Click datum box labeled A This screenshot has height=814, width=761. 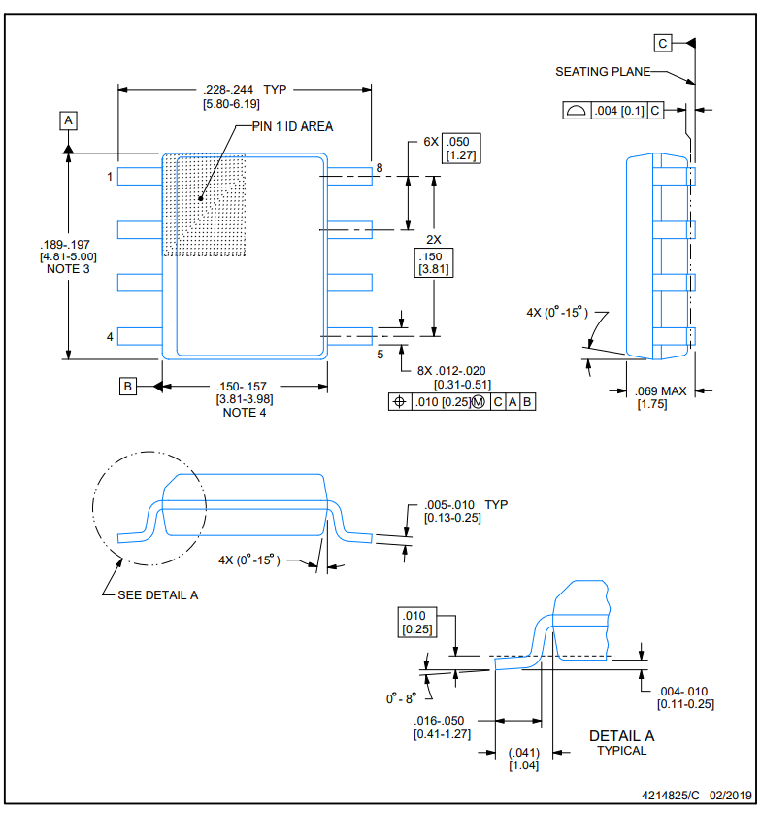pos(68,121)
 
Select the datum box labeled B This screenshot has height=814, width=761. pos(127,387)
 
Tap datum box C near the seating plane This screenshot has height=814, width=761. pos(662,43)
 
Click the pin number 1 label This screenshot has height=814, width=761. pos(110,177)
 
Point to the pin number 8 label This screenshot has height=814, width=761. pos(380,168)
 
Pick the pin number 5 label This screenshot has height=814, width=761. pos(380,354)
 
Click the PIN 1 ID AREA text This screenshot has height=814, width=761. pos(292,126)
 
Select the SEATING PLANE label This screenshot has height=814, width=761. pos(603,72)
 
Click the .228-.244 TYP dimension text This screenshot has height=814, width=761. pos(245,89)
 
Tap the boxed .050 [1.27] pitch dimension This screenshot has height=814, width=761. pos(461,149)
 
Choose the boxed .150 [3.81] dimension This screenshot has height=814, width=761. pos(434,262)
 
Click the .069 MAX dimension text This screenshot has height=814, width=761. pos(660,390)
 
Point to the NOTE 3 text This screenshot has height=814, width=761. pos(68,269)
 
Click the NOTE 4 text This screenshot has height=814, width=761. pos(245,413)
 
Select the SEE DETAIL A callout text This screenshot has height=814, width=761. pos(157,594)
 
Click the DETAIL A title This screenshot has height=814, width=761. pos(621,736)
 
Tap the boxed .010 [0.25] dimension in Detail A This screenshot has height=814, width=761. pos(417,622)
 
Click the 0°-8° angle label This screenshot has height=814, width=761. pos(401,698)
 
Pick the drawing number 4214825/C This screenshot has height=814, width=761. pos(670,796)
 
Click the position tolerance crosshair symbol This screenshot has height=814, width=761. pos(400,402)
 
